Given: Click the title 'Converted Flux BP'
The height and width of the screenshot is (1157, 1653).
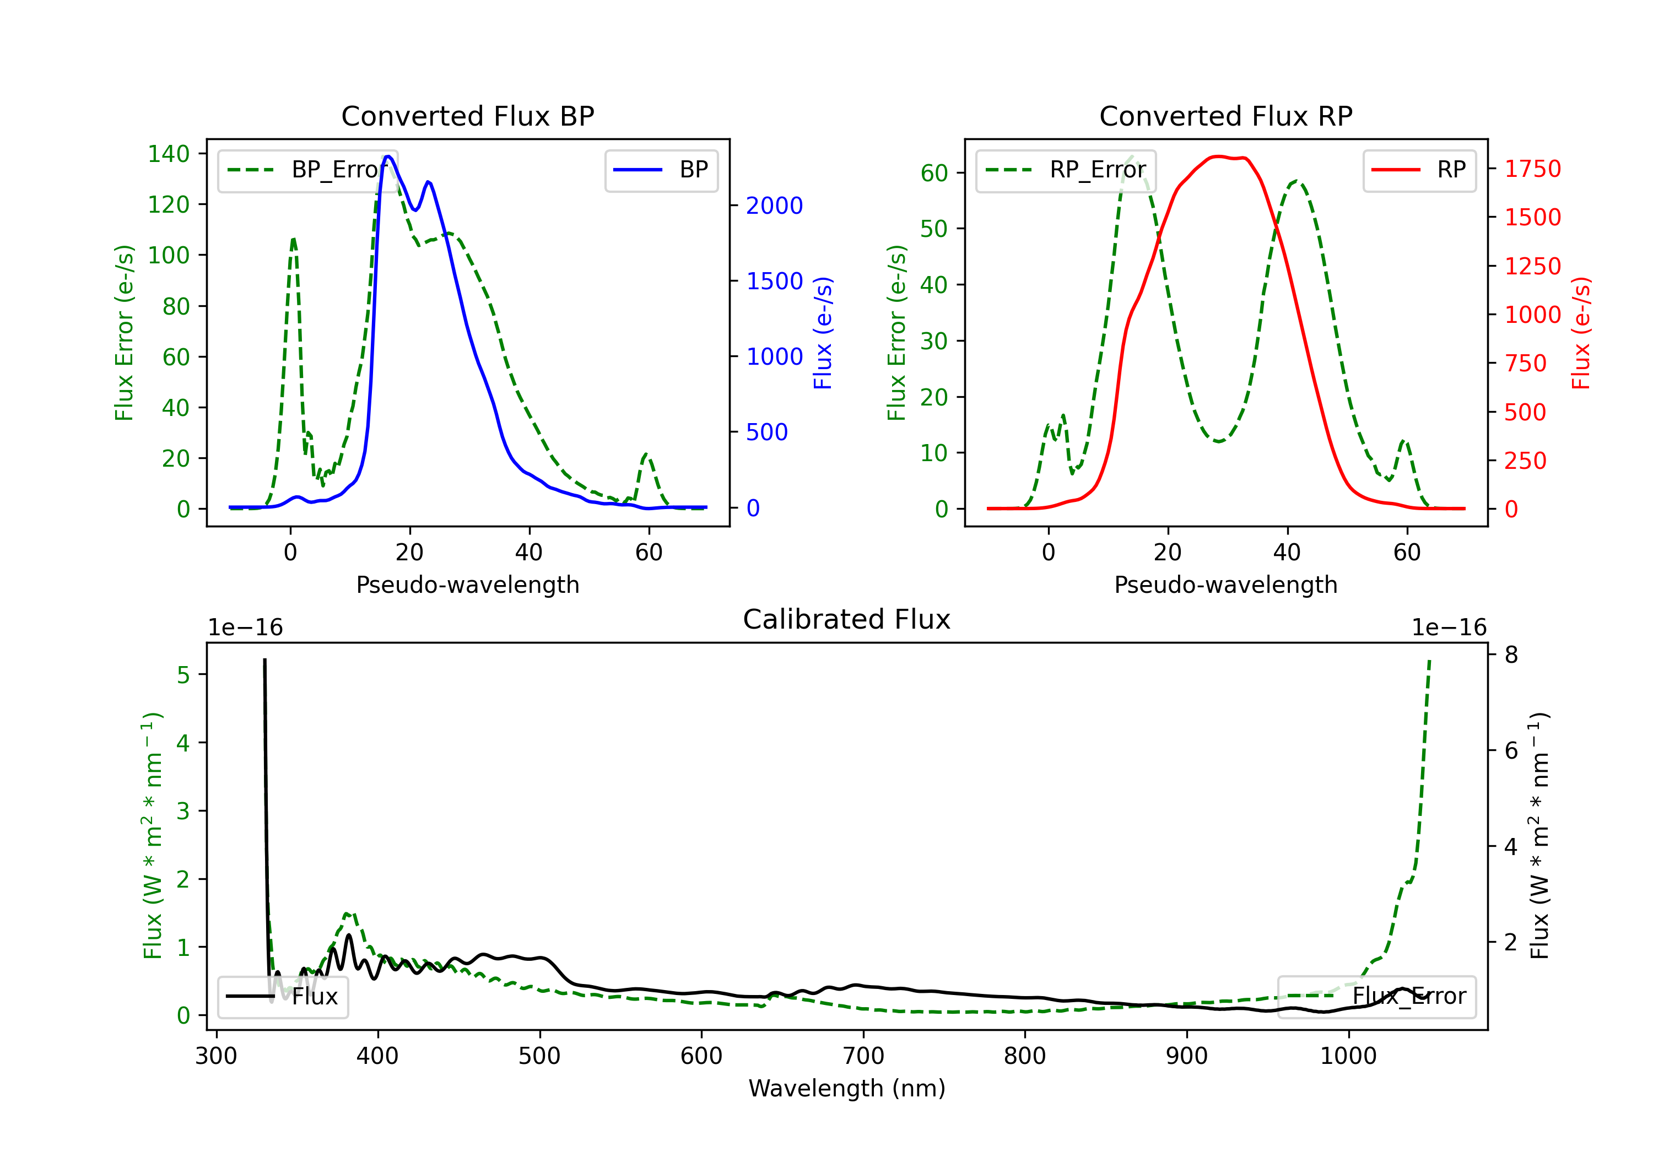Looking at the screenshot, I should tap(467, 116).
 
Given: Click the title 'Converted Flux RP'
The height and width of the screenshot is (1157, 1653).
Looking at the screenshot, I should tap(1225, 116).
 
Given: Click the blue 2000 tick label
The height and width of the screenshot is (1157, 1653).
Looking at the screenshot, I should tap(774, 206).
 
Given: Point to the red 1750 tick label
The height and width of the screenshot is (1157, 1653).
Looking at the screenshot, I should tap(1533, 169).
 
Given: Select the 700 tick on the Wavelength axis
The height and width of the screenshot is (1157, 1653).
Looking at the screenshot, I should tap(863, 1056).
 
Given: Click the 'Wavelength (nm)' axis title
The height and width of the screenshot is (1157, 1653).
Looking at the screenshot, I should tap(847, 1089).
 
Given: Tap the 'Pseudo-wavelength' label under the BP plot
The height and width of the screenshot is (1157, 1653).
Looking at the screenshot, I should tap(467, 585).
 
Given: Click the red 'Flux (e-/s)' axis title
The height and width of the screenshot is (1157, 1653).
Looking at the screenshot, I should tap(1580, 333).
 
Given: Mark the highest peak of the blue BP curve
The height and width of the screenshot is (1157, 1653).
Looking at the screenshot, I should tap(388, 156).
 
